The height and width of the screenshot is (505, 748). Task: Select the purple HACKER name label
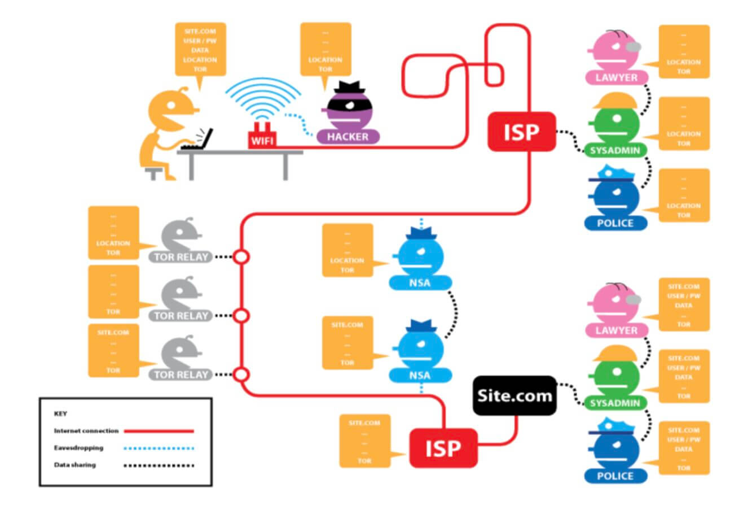pyautogui.click(x=348, y=136)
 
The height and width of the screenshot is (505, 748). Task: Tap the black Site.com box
pyautogui.click(x=514, y=395)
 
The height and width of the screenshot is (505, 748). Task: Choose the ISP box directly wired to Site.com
pyautogui.click(x=443, y=448)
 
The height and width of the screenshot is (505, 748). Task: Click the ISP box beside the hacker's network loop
pyautogui.click(x=522, y=132)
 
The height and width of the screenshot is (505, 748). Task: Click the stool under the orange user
pyautogui.click(x=154, y=172)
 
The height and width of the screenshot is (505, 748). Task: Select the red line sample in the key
pyautogui.click(x=159, y=431)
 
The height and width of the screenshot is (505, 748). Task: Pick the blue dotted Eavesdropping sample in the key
pyautogui.click(x=159, y=449)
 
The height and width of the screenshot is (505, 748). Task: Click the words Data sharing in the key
pyautogui.click(x=75, y=465)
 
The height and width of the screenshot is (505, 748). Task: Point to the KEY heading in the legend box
pyautogui.click(x=60, y=413)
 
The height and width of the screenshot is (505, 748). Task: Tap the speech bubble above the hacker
pyautogui.click(x=325, y=49)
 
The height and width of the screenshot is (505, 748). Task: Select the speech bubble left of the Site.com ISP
pyautogui.click(x=364, y=441)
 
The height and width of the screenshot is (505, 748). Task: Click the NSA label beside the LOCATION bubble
pyautogui.click(x=420, y=282)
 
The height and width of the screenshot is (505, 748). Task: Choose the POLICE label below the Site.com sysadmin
pyautogui.click(x=615, y=476)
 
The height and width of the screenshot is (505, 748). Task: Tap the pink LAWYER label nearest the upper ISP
pyautogui.click(x=615, y=77)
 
